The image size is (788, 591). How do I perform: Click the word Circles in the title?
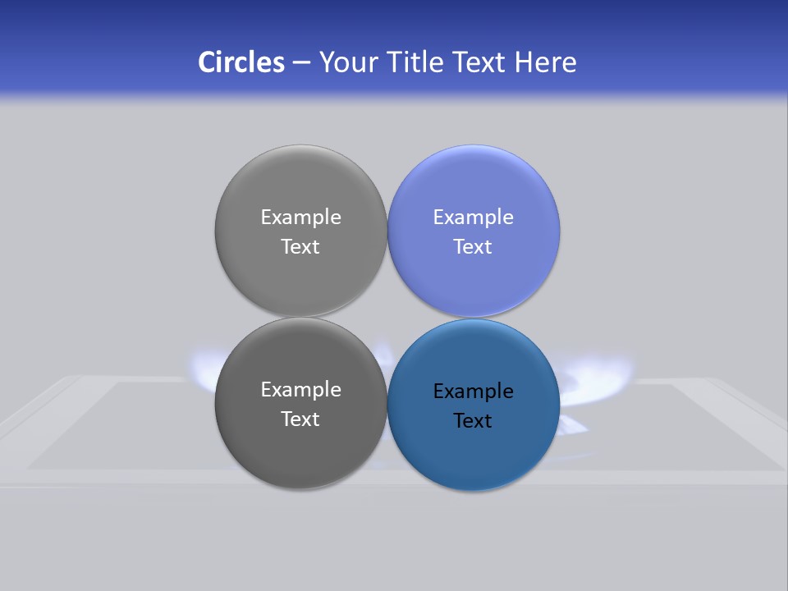pos(241,62)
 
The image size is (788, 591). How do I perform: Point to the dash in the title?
pos(301,63)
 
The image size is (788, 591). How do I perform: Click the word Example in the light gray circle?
pos(300,218)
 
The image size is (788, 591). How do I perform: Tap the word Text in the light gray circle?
pos(300,247)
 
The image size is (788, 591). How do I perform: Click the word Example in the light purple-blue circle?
pos(473,218)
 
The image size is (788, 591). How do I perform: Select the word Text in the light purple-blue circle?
pos(473,247)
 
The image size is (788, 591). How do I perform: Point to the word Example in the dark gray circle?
pos(300,390)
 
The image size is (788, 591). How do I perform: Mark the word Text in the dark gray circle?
pos(300,419)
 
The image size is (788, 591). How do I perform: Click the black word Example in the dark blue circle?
pos(473,392)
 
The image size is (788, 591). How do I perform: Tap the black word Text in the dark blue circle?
pos(473,421)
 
